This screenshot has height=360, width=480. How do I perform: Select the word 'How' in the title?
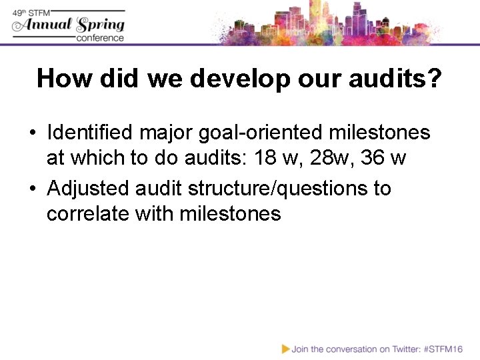tap(63, 79)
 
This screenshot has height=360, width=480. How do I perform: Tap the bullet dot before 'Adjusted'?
tap(32, 189)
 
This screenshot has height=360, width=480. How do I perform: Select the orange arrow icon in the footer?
tap(285, 348)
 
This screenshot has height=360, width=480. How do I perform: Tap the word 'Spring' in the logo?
tap(100, 25)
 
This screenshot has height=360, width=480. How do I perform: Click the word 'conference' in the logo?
tap(100, 38)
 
